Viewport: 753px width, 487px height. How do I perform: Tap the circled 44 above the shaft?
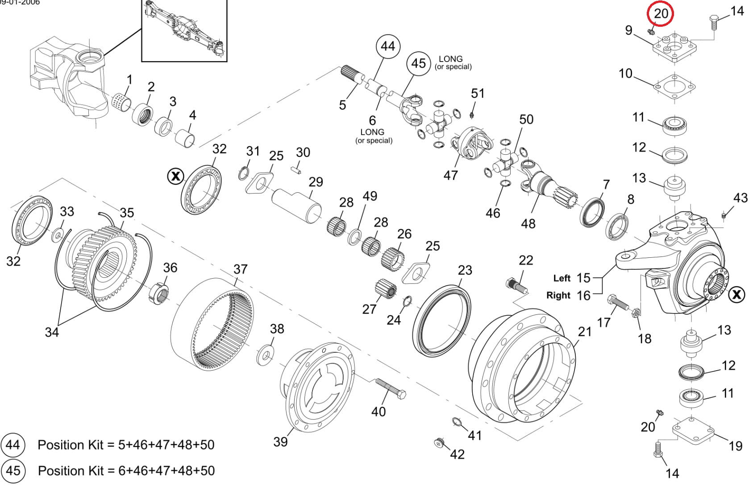point(388,46)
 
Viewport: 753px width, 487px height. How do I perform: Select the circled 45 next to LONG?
point(418,63)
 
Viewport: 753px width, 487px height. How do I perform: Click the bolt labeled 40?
point(391,388)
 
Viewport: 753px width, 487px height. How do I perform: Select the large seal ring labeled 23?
point(441,319)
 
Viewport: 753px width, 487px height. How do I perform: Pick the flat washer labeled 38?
point(266,355)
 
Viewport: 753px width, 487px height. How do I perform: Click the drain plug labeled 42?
point(440,442)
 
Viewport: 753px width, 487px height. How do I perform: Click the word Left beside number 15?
point(562,278)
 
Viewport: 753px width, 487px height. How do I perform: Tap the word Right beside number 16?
point(558,295)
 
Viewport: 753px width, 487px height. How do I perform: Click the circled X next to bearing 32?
point(175,176)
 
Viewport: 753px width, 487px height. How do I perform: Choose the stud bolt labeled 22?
point(517,286)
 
